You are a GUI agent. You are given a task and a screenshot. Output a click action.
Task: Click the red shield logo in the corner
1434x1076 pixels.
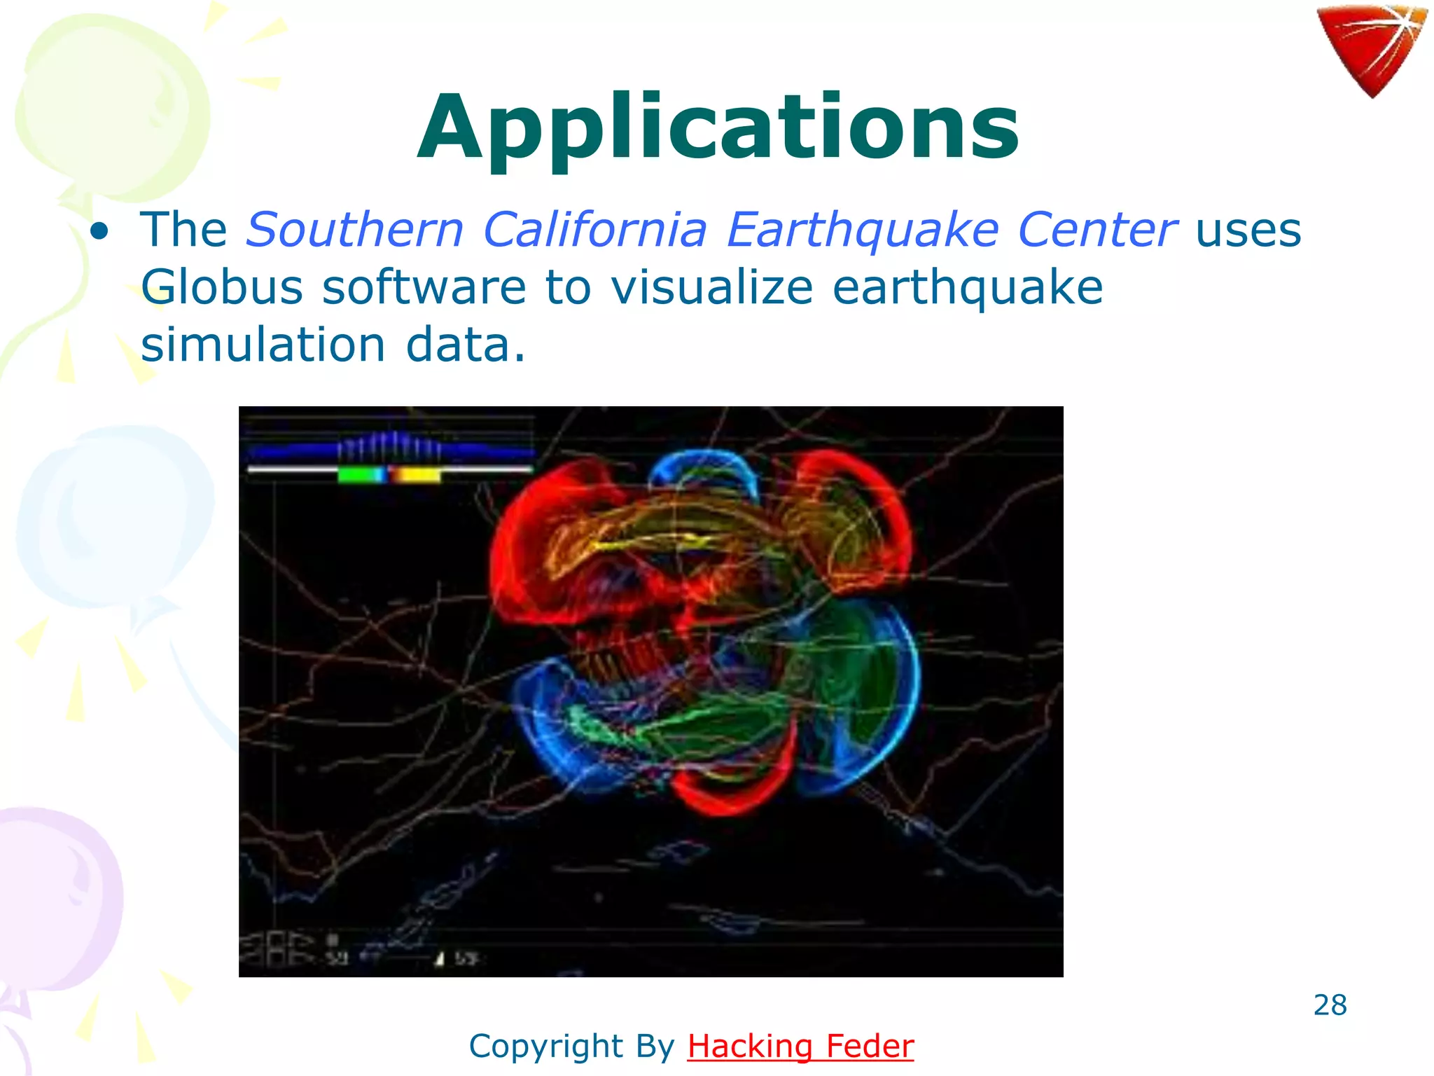1370,49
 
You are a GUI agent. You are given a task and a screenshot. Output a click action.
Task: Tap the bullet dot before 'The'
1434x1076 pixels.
99,231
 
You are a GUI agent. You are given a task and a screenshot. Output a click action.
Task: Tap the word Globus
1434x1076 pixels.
221,288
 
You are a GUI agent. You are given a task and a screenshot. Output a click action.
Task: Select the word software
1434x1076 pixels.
424,288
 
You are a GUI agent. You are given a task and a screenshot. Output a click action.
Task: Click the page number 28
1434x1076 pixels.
1330,1005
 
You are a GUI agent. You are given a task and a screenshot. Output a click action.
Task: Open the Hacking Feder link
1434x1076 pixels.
800,1047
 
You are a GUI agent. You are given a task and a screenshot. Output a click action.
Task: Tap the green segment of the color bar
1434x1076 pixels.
360,476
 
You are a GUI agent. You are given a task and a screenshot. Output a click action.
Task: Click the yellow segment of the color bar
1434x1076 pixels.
416,476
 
